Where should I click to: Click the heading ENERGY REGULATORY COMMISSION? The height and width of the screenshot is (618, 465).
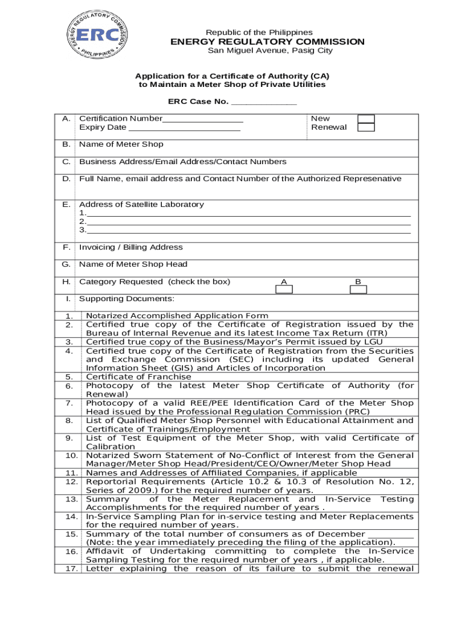268,42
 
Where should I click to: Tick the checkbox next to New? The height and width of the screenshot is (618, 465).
366,119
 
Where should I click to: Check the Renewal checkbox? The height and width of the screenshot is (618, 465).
366,127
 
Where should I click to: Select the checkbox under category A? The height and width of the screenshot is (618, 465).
284,289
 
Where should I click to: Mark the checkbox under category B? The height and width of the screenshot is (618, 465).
358,289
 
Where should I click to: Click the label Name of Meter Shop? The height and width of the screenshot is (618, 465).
121,144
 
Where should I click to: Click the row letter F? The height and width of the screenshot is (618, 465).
66,247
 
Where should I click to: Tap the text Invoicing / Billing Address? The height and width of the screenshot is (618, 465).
130,247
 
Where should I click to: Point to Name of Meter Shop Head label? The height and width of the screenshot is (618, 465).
133,264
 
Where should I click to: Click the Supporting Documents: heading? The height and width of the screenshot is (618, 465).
127,299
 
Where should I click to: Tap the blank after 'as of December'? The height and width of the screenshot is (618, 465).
391,534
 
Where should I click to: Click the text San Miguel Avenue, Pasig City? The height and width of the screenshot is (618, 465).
270,51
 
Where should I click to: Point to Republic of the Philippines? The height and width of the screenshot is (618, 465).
259,32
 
